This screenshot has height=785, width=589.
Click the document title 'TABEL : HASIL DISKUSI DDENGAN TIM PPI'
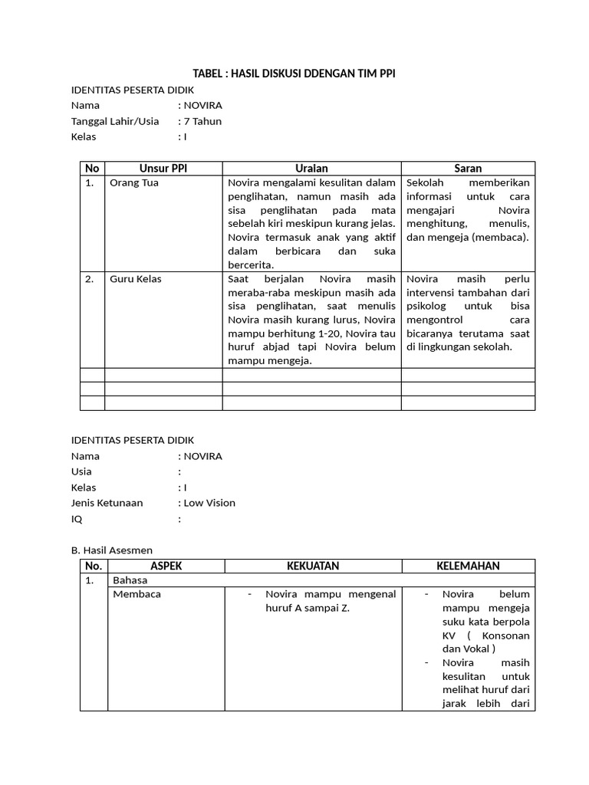(x=294, y=73)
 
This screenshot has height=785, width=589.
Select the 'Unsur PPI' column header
(x=163, y=168)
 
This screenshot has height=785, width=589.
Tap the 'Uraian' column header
(x=311, y=168)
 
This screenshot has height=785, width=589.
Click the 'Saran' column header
(x=468, y=168)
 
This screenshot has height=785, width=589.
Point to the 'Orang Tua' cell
(x=134, y=183)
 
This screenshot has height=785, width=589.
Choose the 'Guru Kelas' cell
(x=136, y=279)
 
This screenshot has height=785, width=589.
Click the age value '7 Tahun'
(x=202, y=121)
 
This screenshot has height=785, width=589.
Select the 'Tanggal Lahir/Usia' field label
(x=115, y=121)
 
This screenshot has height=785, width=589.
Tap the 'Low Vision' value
(x=209, y=503)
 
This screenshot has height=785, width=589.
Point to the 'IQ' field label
(x=77, y=519)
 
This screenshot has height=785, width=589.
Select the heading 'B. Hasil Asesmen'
(x=112, y=550)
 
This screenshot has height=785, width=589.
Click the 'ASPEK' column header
(x=166, y=566)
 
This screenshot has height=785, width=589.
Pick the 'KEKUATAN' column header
(x=313, y=566)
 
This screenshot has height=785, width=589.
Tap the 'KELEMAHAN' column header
(x=468, y=566)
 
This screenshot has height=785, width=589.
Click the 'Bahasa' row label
(x=130, y=580)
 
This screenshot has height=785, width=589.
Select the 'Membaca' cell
(x=137, y=594)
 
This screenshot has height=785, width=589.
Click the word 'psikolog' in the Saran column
(x=428, y=306)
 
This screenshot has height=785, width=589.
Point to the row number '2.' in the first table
(x=90, y=279)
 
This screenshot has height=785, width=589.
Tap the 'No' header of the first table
(x=92, y=168)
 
